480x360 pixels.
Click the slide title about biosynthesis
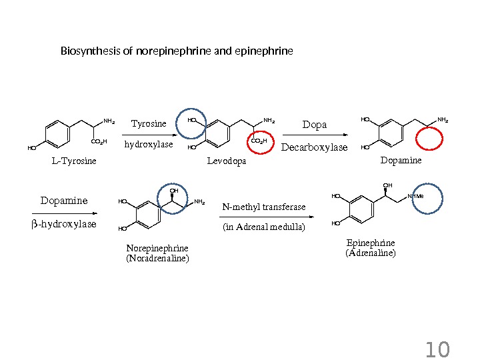[177, 51]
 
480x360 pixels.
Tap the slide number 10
[437, 349]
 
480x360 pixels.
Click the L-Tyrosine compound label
[74, 161]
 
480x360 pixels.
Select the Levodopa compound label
[227, 161]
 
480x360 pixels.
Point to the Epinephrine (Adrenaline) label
[370, 248]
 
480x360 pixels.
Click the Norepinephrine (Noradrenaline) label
[157, 253]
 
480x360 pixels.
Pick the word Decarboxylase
[314, 147]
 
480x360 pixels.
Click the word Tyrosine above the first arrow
[149, 123]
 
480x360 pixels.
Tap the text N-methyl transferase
[264, 207]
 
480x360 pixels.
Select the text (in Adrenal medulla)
[264, 227]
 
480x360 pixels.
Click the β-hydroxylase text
[64, 224]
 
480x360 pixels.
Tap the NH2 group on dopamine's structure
[443, 120]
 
